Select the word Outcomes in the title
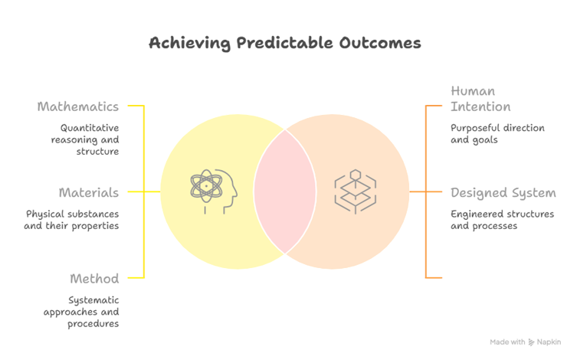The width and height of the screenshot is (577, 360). (x=382, y=43)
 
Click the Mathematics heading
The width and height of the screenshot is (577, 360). (x=78, y=106)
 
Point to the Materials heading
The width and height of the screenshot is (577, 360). (x=89, y=192)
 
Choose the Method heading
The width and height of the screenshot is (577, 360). (x=94, y=277)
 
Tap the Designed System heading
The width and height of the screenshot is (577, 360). (x=503, y=192)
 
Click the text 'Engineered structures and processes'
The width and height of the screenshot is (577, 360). (x=502, y=219)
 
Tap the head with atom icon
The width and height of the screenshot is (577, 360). (x=214, y=191)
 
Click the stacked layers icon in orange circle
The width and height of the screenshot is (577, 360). (x=356, y=191)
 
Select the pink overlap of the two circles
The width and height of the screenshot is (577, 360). (x=285, y=191)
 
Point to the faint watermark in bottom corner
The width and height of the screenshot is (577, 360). (x=523, y=342)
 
